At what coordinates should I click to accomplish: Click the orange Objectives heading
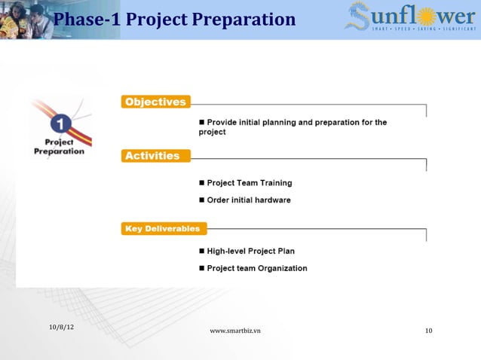point(155,102)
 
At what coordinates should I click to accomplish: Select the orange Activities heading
point(152,156)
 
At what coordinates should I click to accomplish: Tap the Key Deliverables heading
point(163,228)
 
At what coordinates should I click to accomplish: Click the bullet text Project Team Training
point(249,183)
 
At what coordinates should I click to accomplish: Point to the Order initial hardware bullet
point(248,200)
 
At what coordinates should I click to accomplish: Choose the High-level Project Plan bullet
point(250,251)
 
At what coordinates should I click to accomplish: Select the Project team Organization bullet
point(256,268)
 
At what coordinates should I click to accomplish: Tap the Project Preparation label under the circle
point(59,146)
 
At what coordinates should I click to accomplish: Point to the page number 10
point(428,331)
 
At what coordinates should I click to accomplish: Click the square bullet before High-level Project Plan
point(201,251)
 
